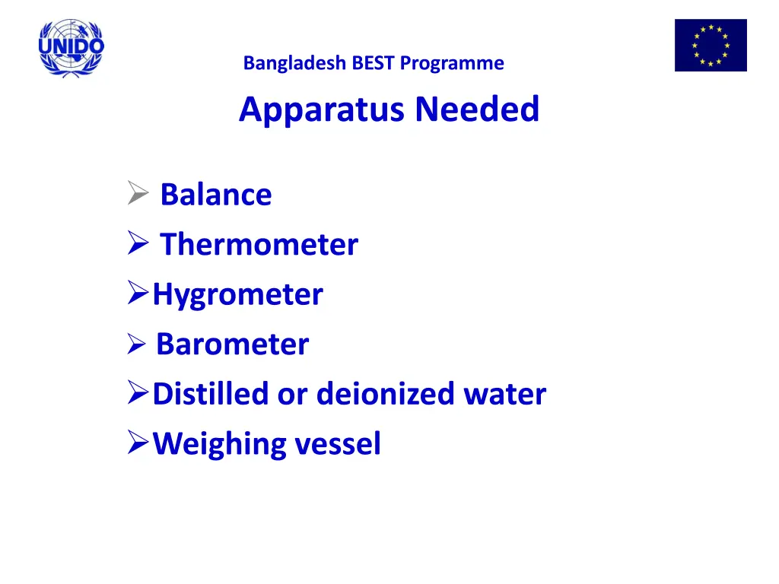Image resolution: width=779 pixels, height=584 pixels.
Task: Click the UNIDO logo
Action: click(71, 47)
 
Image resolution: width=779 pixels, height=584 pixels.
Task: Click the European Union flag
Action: click(711, 46)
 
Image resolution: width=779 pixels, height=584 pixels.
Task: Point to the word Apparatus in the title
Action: click(323, 110)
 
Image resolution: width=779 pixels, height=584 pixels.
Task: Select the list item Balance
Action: click(215, 195)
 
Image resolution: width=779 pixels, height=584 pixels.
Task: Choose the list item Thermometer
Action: click(259, 245)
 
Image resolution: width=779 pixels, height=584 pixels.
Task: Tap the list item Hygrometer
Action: click(237, 295)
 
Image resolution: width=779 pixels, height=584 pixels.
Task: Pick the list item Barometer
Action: click(232, 344)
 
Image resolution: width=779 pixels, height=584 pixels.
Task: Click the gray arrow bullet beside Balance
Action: click(137, 195)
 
